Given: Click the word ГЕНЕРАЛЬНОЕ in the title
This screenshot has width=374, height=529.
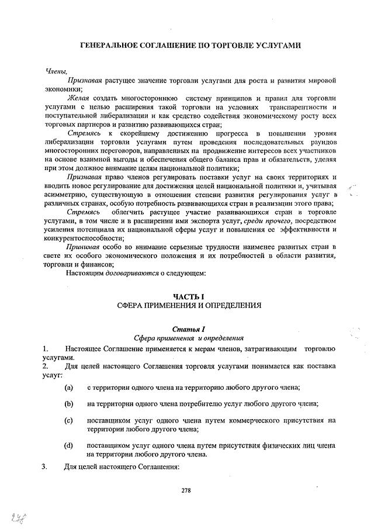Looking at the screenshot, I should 108,46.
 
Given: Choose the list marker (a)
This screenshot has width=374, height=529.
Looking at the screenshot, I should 69,387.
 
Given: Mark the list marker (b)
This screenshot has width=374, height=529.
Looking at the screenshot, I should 69,403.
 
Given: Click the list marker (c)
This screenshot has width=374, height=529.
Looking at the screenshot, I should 69,420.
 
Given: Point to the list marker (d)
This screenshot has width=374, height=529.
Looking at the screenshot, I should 69,445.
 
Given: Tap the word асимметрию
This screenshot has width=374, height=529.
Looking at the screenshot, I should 67,193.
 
